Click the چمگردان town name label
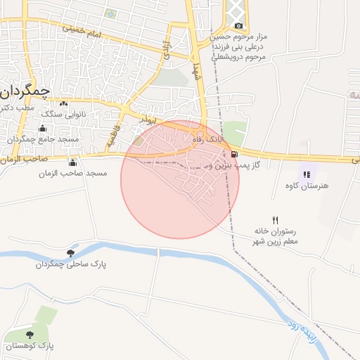tap(26, 91)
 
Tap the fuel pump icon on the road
tap(233, 155)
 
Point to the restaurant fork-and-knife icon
tap(275, 220)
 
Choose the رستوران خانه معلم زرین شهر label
tap(275, 236)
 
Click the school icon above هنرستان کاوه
tap(306, 174)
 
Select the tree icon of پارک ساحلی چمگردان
tap(70, 253)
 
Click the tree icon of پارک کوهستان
tap(30, 335)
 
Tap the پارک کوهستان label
tap(30, 346)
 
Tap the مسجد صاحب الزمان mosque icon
tap(73, 162)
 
